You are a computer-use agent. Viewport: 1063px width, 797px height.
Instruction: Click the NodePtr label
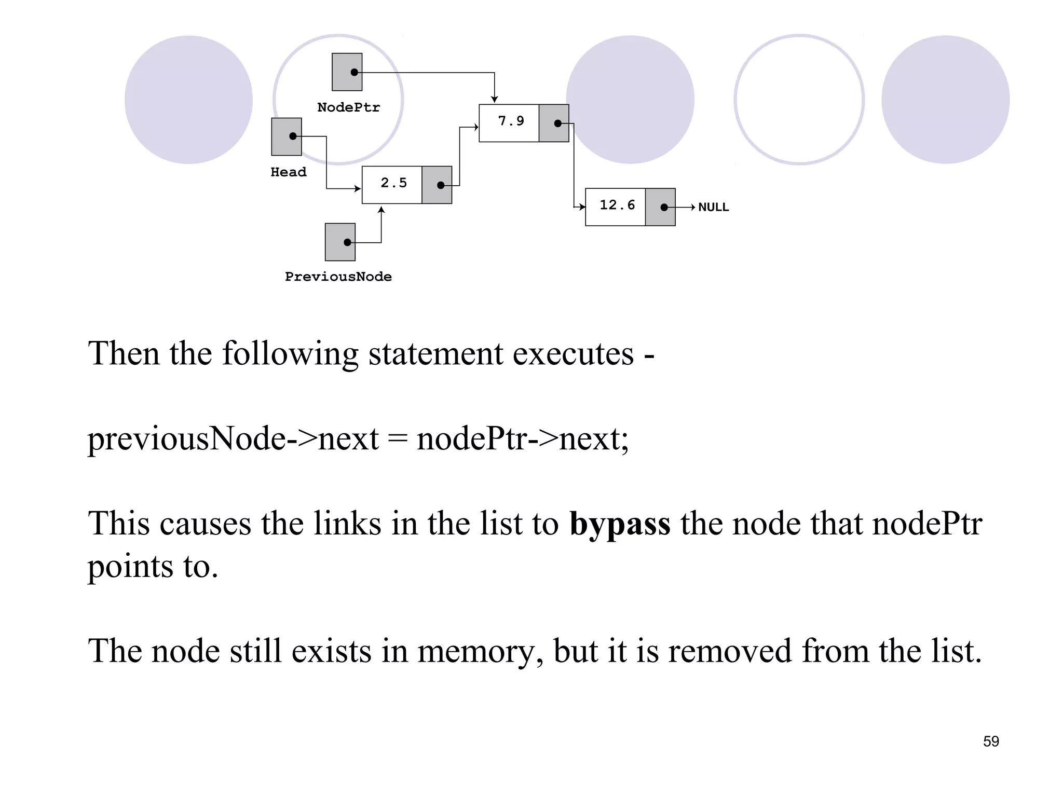tap(348, 107)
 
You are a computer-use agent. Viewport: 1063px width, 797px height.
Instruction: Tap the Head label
tap(288, 172)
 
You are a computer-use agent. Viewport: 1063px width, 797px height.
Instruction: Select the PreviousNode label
tap(338, 277)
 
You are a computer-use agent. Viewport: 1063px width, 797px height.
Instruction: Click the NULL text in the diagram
tap(713, 207)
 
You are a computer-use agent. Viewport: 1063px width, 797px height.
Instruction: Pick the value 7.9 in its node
tap(511, 121)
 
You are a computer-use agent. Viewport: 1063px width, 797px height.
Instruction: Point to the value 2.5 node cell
tap(393, 183)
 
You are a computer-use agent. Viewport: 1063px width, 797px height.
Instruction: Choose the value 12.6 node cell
tap(617, 205)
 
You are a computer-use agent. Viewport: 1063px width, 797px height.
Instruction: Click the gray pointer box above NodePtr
tap(347, 72)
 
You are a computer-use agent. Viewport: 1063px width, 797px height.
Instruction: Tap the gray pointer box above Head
tap(286, 136)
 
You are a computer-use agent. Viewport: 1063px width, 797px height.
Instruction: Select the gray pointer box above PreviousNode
tap(340, 242)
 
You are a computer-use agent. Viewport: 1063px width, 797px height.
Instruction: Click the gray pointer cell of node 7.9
tap(554, 123)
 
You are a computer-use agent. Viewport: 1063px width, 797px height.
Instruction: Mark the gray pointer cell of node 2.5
tap(437, 185)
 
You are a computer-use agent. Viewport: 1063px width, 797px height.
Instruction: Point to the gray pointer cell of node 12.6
tap(660, 207)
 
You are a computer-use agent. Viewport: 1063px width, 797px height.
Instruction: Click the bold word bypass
tap(620, 524)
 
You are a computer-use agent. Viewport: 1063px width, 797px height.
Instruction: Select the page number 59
tap(990, 741)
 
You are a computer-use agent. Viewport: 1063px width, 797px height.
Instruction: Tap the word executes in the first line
tap(573, 354)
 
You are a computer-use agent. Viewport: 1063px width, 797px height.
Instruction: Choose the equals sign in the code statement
tap(398, 439)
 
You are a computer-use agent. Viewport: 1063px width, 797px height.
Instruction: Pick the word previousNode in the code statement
tap(186, 439)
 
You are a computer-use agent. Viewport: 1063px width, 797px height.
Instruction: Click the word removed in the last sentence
tap(730, 651)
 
